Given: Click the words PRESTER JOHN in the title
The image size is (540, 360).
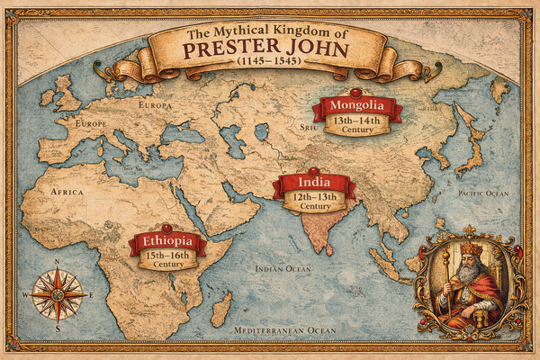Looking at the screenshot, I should (269, 48).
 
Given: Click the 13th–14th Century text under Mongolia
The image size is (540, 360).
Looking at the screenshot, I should (357, 125).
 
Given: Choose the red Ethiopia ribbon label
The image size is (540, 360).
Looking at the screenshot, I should (168, 242).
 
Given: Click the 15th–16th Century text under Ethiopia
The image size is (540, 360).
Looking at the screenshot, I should (168, 260).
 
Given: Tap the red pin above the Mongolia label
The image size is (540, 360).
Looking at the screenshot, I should (355, 92).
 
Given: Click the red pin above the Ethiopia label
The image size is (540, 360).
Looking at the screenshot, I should (166, 228).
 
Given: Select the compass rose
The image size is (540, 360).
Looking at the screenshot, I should (58, 295).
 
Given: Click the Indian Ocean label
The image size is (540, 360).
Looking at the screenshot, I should (283, 269).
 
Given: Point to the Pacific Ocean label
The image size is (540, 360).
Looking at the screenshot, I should (483, 193).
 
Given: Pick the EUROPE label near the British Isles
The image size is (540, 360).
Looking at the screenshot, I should (92, 122).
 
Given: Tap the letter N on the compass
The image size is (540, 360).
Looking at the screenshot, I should (58, 264).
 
